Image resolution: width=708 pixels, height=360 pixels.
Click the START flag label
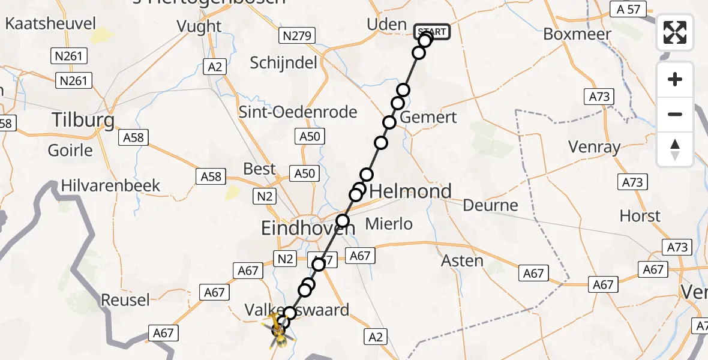pos(432,31)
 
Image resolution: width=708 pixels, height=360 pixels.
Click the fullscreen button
pos(675,32)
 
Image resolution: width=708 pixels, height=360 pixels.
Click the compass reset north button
pos(675,149)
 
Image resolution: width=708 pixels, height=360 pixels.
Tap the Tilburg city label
pos(83,120)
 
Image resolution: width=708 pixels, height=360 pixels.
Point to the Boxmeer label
pos(577,34)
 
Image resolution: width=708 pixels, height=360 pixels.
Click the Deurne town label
pos(490,205)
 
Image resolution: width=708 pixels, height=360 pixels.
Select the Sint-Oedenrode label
pos(298,112)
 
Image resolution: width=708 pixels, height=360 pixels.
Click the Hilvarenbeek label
pos(111,185)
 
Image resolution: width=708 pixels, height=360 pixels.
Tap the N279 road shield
pos(297,37)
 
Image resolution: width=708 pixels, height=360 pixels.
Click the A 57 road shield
pos(628,9)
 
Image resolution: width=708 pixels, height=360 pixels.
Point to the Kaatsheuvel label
pos(50,24)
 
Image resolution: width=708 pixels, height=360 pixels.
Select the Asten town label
pos(462,260)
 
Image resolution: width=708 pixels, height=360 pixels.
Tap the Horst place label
pos(640,215)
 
